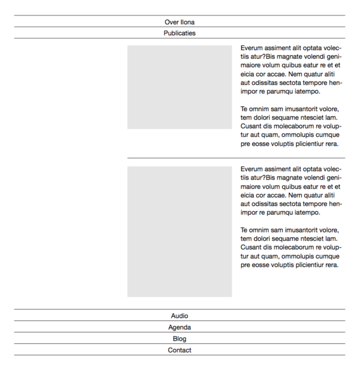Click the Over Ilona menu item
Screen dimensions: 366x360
pyautogui.click(x=179, y=22)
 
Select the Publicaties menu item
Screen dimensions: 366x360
pyautogui.click(x=179, y=33)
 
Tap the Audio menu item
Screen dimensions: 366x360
pyautogui.click(x=179, y=316)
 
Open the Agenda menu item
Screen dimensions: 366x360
pyautogui.click(x=179, y=327)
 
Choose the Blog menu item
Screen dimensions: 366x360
pyautogui.click(x=179, y=339)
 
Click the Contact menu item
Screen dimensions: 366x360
pyautogui.click(x=179, y=350)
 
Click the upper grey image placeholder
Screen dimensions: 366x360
pyautogui.click(x=179, y=87)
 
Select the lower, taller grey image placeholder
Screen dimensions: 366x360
pyautogui.click(x=179, y=232)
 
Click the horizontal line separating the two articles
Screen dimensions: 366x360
pyautogui.click(x=236, y=158)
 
